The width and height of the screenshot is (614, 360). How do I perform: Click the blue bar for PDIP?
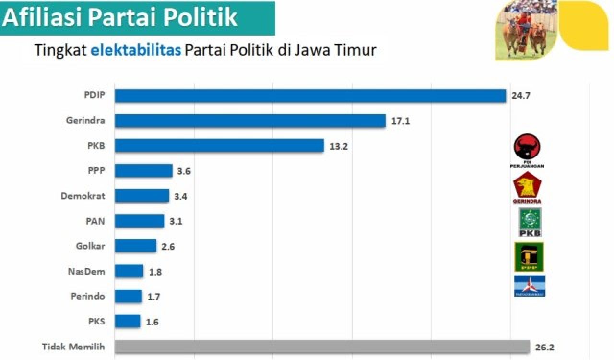click(310, 96)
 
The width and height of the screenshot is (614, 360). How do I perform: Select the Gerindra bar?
click(250, 120)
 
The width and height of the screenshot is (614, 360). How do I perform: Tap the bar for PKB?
click(220, 145)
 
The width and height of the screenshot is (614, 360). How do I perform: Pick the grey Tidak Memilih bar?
click(322, 347)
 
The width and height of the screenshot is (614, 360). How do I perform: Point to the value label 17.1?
click(401, 121)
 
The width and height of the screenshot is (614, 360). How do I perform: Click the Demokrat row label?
click(83, 196)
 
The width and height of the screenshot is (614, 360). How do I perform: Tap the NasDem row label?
click(87, 271)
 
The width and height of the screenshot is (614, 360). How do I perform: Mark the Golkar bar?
click(136, 246)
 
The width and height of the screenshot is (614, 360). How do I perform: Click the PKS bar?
click(128, 321)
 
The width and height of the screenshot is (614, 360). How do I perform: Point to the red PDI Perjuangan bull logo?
click(527, 147)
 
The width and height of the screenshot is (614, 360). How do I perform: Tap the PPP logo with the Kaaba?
click(529, 257)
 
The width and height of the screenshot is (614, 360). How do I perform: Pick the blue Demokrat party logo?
click(530, 286)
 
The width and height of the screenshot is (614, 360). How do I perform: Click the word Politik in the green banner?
click(201, 18)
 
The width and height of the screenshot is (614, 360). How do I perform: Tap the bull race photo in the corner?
click(526, 29)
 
